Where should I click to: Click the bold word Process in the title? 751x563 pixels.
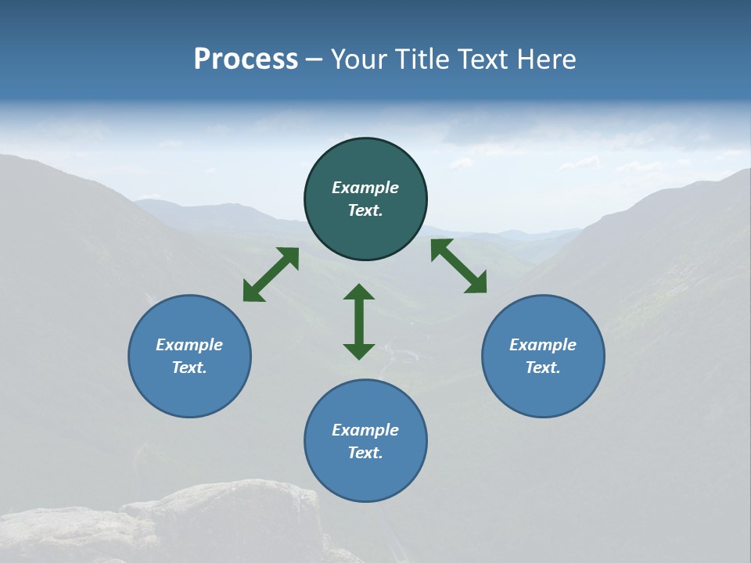(x=246, y=59)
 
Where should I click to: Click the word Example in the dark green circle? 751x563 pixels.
(x=365, y=188)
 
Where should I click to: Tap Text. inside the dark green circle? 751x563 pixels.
(x=365, y=210)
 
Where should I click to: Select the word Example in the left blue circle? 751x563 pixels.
(x=189, y=345)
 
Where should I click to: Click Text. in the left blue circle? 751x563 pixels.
(x=189, y=368)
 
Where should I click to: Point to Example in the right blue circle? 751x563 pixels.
(x=543, y=345)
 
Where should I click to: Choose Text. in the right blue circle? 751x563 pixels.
(x=543, y=368)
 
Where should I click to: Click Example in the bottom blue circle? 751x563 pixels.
(x=365, y=430)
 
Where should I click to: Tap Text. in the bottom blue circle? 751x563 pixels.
(x=365, y=453)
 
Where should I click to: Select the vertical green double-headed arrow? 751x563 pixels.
(x=359, y=321)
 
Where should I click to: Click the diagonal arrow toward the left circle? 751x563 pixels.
(x=271, y=274)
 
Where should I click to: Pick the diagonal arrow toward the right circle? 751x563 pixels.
(x=459, y=266)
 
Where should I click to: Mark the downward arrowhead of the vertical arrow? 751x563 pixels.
(x=359, y=351)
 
